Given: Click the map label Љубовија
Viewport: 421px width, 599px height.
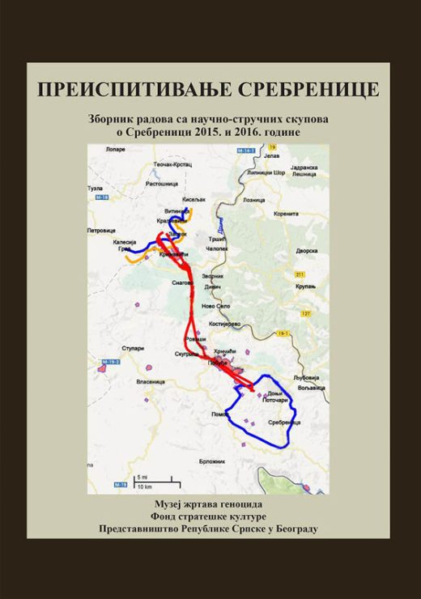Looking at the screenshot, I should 308,377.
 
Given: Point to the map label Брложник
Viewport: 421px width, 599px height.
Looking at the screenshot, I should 212,460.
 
